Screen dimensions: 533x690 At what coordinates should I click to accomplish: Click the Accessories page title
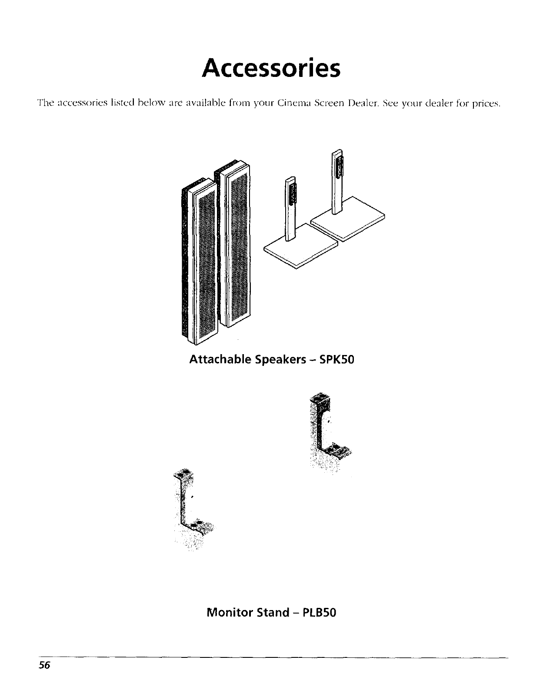click(x=270, y=69)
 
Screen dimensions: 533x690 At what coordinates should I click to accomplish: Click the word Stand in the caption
click(x=276, y=613)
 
